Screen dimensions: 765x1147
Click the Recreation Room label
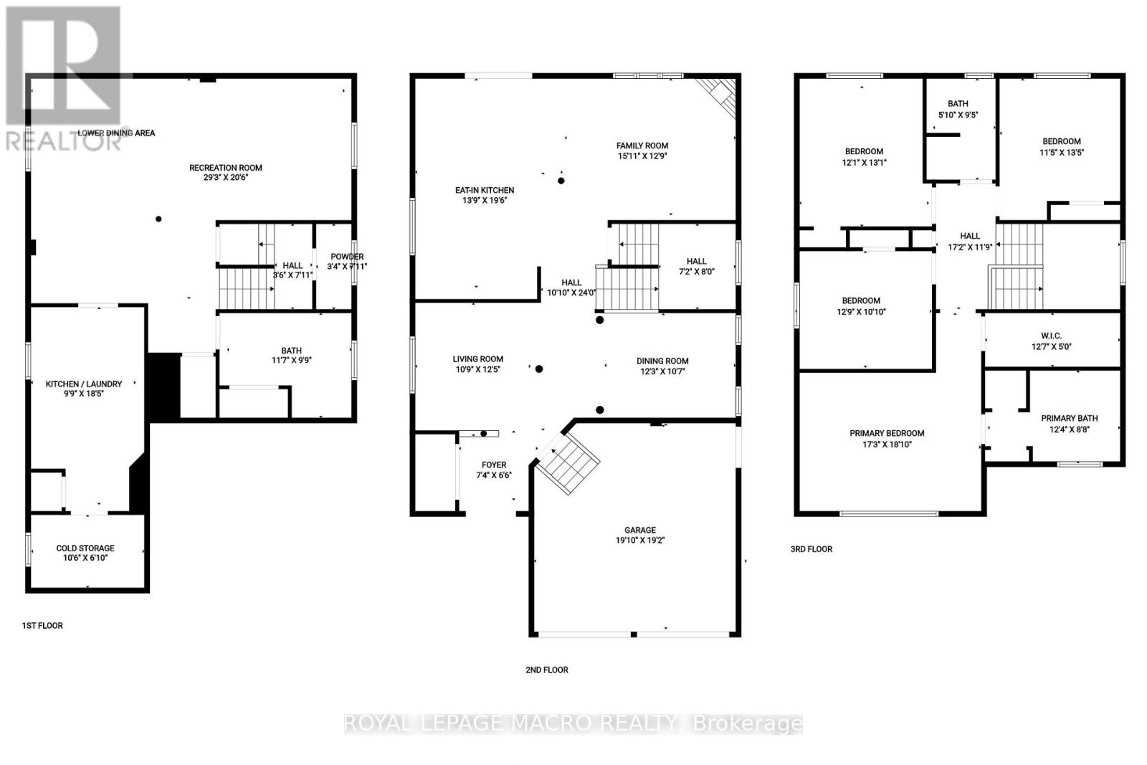(x=225, y=168)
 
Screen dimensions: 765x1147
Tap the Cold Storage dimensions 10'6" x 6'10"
(x=85, y=558)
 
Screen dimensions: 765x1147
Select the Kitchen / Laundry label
(x=84, y=384)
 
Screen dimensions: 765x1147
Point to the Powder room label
(x=346, y=257)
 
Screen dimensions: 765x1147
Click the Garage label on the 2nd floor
(x=639, y=531)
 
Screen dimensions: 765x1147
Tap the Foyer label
(x=493, y=465)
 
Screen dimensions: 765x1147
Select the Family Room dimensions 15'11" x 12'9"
(x=642, y=156)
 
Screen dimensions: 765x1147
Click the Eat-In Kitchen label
(x=485, y=190)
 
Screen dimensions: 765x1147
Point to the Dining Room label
(x=662, y=361)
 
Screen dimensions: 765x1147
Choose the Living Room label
(x=477, y=359)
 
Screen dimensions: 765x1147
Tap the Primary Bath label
(x=1069, y=418)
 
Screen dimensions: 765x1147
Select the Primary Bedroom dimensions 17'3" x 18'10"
(x=887, y=444)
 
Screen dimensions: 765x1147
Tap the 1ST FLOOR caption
(x=42, y=626)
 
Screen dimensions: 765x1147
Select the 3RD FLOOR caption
(x=812, y=549)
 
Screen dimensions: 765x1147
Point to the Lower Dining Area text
(x=116, y=133)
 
